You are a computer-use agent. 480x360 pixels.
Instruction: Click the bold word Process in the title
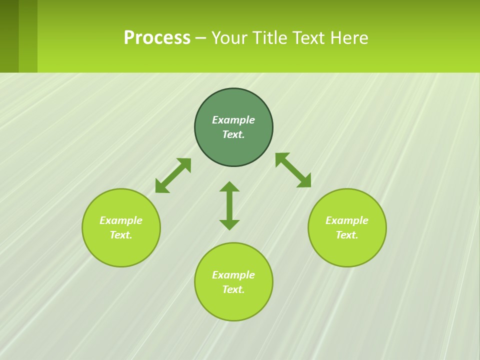pyautogui.click(x=157, y=38)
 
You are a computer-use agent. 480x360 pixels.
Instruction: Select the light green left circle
pyautogui.click(x=121, y=250)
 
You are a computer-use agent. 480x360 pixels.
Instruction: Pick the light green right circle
pyautogui.click(x=347, y=250)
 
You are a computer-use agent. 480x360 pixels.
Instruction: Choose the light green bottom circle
pyautogui.click(x=233, y=305)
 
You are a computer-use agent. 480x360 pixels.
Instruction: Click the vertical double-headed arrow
pyautogui.click(x=229, y=205)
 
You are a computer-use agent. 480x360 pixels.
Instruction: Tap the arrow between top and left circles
pyautogui.click(x=173, y=175)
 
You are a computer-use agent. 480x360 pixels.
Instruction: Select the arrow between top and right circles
pyautogui.click(x=293, y=170)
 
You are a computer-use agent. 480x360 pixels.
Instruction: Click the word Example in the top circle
pyautogui.click(x=233, y=120)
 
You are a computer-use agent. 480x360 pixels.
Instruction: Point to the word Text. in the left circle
pyautogui.click(x=121, y=235)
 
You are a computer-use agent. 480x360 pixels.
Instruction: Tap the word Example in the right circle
pyautogui.click(x=347, y=220)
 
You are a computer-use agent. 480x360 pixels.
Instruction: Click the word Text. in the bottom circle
pyautogui.click(x=233, y=289)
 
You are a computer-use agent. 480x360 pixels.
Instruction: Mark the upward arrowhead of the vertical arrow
pyautogui.click(x=229, y=186)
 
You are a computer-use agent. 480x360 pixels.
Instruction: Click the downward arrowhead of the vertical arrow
pyautogui.click(x=229, y=224)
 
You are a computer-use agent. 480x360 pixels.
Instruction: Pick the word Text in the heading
pyautogui.click(x=309, y=38)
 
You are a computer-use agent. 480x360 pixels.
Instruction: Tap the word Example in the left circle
pyautogui.click(x=121, y=220)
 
